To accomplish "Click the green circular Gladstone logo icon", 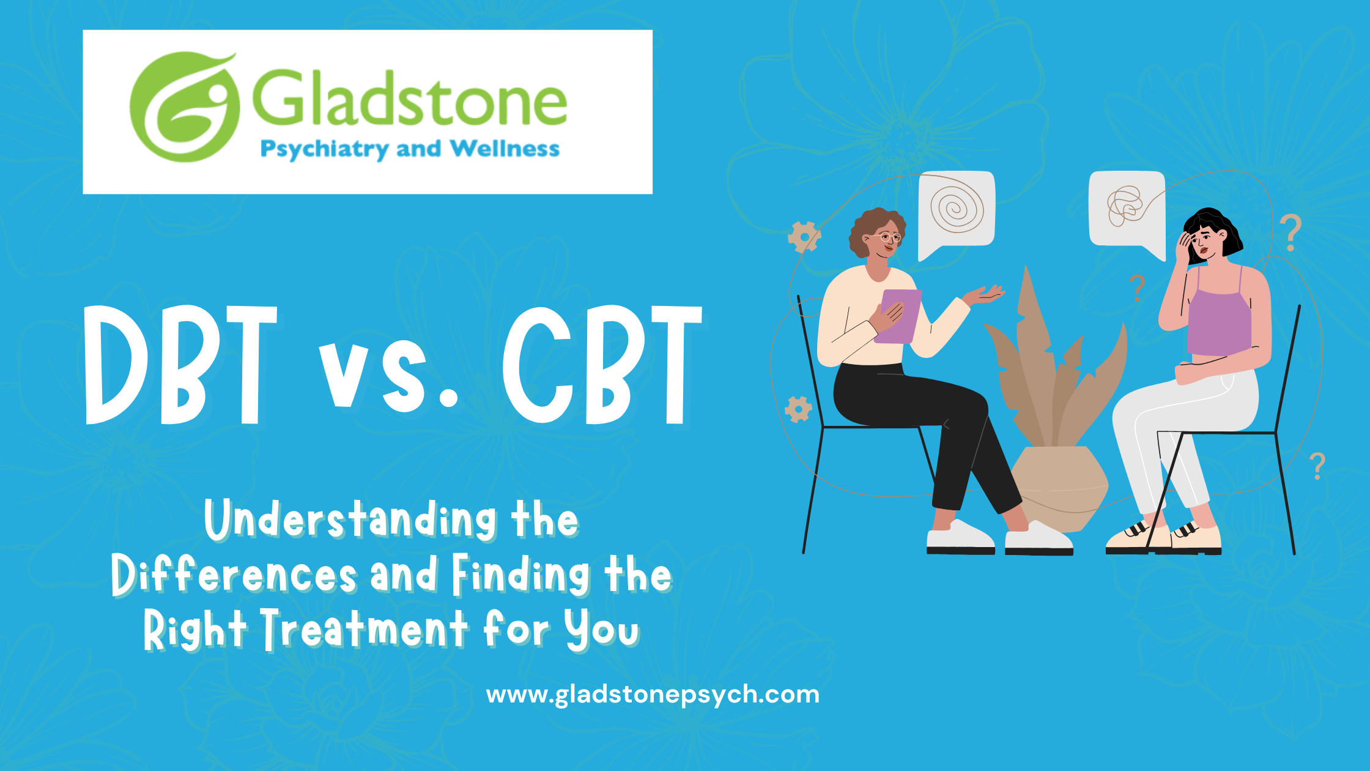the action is [183, 107].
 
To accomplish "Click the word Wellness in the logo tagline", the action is [505, 149].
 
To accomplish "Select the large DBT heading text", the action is [181, 365].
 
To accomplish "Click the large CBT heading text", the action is [602, 365].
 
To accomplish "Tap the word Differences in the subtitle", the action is [234, 575].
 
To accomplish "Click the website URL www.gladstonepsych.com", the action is [653, 695].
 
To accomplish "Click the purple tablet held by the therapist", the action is [899, 316].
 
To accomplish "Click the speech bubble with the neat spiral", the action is [957, 211].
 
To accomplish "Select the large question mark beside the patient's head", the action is [1290, 233].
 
